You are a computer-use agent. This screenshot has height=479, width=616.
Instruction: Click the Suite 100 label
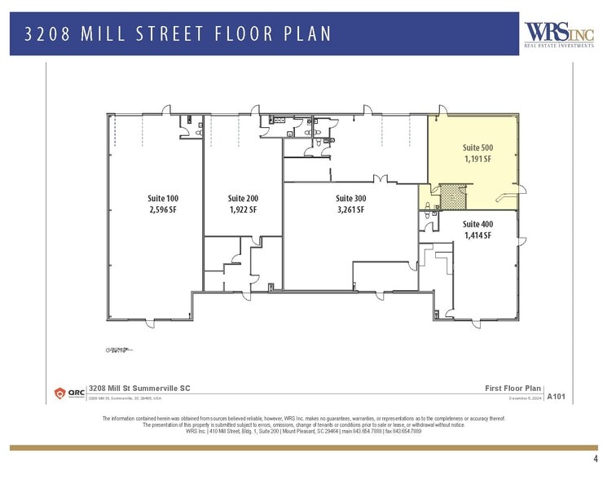[162, 198]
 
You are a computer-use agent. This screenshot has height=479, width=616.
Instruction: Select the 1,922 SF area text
[243, 209]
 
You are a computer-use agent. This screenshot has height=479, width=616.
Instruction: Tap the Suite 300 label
[351, 198]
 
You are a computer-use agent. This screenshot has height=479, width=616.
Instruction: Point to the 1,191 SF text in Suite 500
[477, 159]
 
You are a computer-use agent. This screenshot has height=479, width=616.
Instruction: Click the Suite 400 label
[477, 223]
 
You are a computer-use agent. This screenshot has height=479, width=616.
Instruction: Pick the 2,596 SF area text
[162, 209]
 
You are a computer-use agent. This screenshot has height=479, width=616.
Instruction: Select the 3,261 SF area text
[351, 209]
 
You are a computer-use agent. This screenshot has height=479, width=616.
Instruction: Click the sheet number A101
[557, 396]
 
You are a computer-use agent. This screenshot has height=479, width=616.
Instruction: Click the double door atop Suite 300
[378, 179]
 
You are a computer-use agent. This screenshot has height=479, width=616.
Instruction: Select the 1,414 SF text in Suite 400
[477, 235]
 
